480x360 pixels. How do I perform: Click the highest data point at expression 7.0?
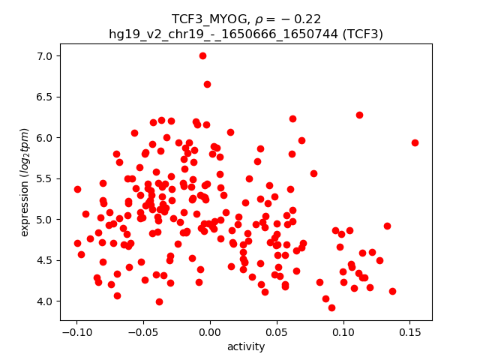click(x=202, y=55)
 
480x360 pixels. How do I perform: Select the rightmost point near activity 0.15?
click(x=415, y=142)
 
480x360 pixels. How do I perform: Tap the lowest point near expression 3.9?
click(x=331, y=307)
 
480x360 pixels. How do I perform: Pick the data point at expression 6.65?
click(x=207, y=84)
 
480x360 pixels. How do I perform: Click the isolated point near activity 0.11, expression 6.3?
click(x=359, y=115)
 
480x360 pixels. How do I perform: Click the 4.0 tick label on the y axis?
click(x=46, y=301)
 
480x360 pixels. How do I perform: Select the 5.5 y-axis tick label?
click(x=46, y=178)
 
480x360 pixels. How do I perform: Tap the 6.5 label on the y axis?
click(x=46, y=97)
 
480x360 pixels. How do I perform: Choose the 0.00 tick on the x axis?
click(x=210, y=321)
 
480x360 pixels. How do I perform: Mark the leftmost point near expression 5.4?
click(x=77, y=189)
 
